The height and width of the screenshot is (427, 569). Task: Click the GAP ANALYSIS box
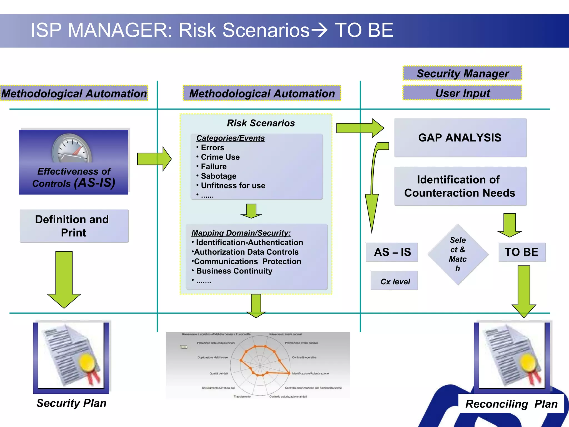coord(460,138)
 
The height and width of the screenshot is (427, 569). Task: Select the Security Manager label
coord(462,73)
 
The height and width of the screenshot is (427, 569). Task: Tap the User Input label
coord(462,93)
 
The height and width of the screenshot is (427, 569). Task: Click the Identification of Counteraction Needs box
coord(460,186)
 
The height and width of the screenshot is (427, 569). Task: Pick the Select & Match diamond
coord(458,254)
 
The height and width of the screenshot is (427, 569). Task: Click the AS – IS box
coord(392,252)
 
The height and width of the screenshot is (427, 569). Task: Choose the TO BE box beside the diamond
coord(522,252)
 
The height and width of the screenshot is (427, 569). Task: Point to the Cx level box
coord(395,281)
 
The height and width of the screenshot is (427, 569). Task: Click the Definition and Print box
coord(74,226)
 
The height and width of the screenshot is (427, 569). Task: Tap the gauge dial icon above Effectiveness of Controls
coord(72,149)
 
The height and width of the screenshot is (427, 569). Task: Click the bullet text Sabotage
coord(218,176)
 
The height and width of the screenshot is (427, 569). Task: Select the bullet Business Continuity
coord(234,271)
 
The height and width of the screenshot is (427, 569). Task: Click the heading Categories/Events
coord(230,138)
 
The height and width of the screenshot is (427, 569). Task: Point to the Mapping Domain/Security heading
coord(241,233)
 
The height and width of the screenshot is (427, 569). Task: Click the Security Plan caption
coord(71,403)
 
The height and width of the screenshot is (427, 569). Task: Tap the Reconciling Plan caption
coord(511,404)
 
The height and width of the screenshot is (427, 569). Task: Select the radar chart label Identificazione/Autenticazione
coord(310,373)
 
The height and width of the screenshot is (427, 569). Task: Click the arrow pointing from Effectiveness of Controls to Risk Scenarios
coord(154,159)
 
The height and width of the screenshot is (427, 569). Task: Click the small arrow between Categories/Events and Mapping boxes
coord(251,211)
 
